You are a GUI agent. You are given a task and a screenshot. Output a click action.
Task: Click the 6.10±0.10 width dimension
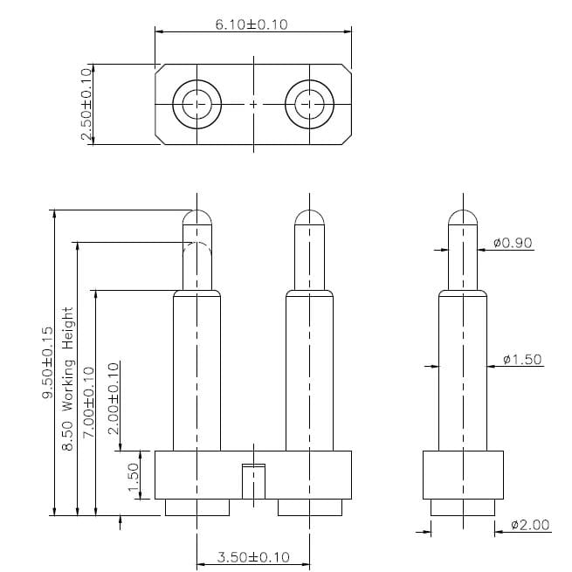tap(252, 24)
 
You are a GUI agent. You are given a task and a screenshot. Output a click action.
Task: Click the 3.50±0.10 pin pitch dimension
tap(252, 556)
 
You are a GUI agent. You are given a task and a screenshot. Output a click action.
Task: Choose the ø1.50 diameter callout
tap(523, 359)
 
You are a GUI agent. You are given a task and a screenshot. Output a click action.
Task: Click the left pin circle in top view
tap(198, 104)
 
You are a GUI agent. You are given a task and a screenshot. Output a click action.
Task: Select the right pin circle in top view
tap(309, 104)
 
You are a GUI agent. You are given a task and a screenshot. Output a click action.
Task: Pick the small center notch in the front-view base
tap(253, 480)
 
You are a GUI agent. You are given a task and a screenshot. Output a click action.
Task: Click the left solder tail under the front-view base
tap(197, 507)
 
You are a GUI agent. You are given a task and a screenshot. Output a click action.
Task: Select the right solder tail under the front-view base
tap(309, 507)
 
